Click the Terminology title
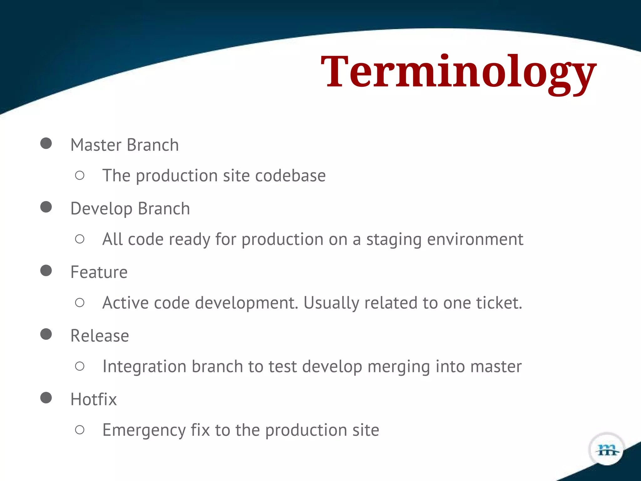459,73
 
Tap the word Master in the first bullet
96,145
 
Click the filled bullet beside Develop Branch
46,207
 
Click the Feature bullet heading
99,272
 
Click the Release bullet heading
100,336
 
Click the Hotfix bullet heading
93,400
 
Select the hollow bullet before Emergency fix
80,430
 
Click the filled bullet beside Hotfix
46,398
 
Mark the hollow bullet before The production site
80,175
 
